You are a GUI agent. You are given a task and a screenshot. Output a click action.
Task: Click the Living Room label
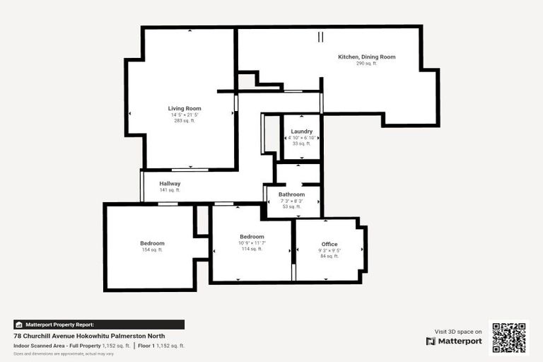click(x=185, y=108)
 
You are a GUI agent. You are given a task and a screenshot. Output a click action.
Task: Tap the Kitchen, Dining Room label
click(x=366, y=57)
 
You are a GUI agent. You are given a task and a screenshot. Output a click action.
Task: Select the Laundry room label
click(x=301, y=132)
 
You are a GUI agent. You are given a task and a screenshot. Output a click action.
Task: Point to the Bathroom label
click(x=291, y=194)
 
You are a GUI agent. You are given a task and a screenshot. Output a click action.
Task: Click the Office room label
click(x=329, y=244)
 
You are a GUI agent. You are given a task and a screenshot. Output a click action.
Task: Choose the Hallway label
click(x=170, y=184)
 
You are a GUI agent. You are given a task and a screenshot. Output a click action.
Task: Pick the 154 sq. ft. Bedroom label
click(x=152, y=243)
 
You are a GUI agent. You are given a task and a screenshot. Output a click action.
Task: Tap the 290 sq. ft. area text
click(x=366, y=64)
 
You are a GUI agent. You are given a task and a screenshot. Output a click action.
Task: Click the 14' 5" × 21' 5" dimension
click(x=185, y=115)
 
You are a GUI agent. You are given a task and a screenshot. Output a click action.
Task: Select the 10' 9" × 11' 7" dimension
click(x=252, y=243)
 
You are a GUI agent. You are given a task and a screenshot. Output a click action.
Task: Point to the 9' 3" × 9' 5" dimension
click(x=329, y=250)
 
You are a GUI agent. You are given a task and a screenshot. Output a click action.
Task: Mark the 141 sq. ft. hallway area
click(x=170, y=190)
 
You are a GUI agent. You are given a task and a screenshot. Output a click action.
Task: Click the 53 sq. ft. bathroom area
click(x=291, y=207)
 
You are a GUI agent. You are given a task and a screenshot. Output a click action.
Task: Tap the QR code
click(x=508, y=337)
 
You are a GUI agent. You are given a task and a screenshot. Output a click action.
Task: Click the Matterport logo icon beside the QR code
click(x=431, y=341)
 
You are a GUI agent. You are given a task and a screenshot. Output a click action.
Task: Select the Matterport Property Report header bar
click(x=99, y=325)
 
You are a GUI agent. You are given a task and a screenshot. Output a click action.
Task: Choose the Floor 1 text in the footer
click(x=147, y=346)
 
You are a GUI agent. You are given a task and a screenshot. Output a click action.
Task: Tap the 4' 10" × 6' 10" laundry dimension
click(x=301, y=137)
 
